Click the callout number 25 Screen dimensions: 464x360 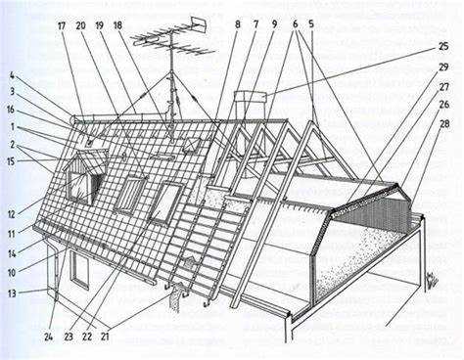point(443,47)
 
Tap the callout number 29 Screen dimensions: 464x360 point(443,67)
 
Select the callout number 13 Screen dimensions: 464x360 point(12,293)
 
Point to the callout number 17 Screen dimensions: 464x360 point(62,26)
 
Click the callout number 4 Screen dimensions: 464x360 point(12,76)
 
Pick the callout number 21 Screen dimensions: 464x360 point(105,337)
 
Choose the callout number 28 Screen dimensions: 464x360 point(444,124)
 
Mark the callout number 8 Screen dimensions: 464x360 point(238,24)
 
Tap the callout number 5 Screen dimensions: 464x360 point(311,24)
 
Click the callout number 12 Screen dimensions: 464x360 point(12,214)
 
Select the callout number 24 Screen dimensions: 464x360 point(48,337)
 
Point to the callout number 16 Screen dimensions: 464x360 point(11,110)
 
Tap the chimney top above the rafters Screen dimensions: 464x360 point(251,97)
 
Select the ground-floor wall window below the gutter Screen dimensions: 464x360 point(80,269)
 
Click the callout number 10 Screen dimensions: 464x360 point(12,273)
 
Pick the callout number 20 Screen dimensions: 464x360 point(80,25)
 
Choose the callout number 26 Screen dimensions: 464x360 point(444,105)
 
